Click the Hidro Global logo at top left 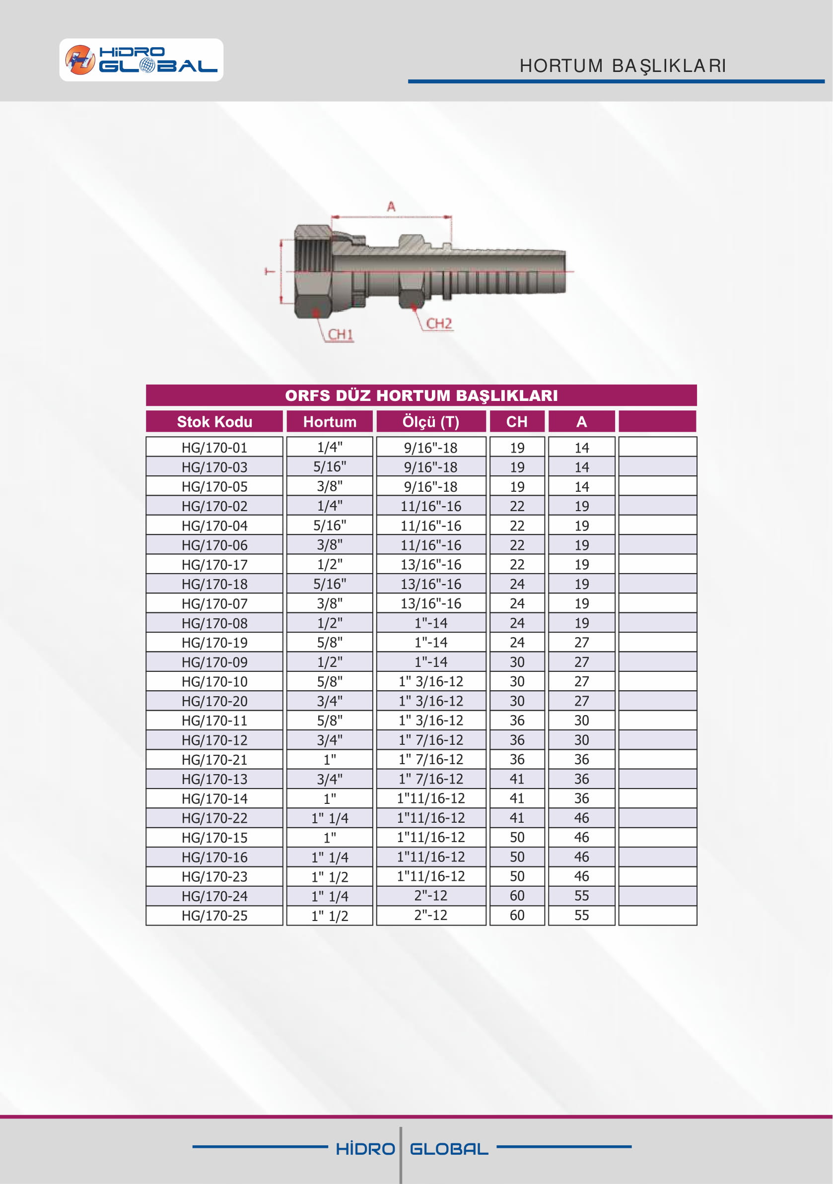point(141,60)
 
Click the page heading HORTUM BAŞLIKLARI point(623,66)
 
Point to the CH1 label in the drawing point(341,334)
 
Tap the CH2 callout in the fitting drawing point(439,324)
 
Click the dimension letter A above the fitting point(392,207)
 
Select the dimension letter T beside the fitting point(270,271)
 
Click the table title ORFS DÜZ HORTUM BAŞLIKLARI point(421,395)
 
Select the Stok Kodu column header point(214,422)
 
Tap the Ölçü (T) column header point(431,422)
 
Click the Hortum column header point(330,422)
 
